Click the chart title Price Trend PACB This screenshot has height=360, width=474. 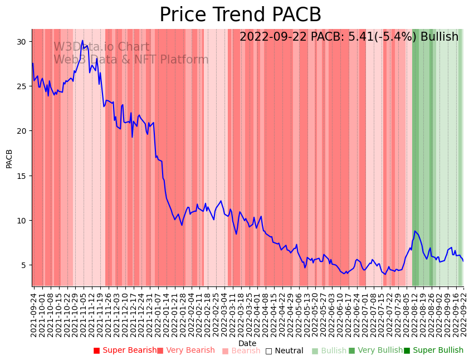[x=240, y=15]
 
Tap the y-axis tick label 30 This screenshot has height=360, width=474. [x=22, y=42]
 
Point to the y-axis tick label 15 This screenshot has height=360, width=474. [x=22, y=176]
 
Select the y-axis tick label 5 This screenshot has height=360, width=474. [x=24, y=265]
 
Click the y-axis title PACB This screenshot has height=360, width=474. [x=9, y=158]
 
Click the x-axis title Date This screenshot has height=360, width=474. [x=247, y=344]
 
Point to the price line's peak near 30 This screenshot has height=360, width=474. [x=82, y=41]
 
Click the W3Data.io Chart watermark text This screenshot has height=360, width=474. [x=101, y=47]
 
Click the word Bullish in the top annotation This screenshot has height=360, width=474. [x=439, y=37]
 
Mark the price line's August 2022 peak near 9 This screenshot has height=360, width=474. [x=415, y=231]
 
